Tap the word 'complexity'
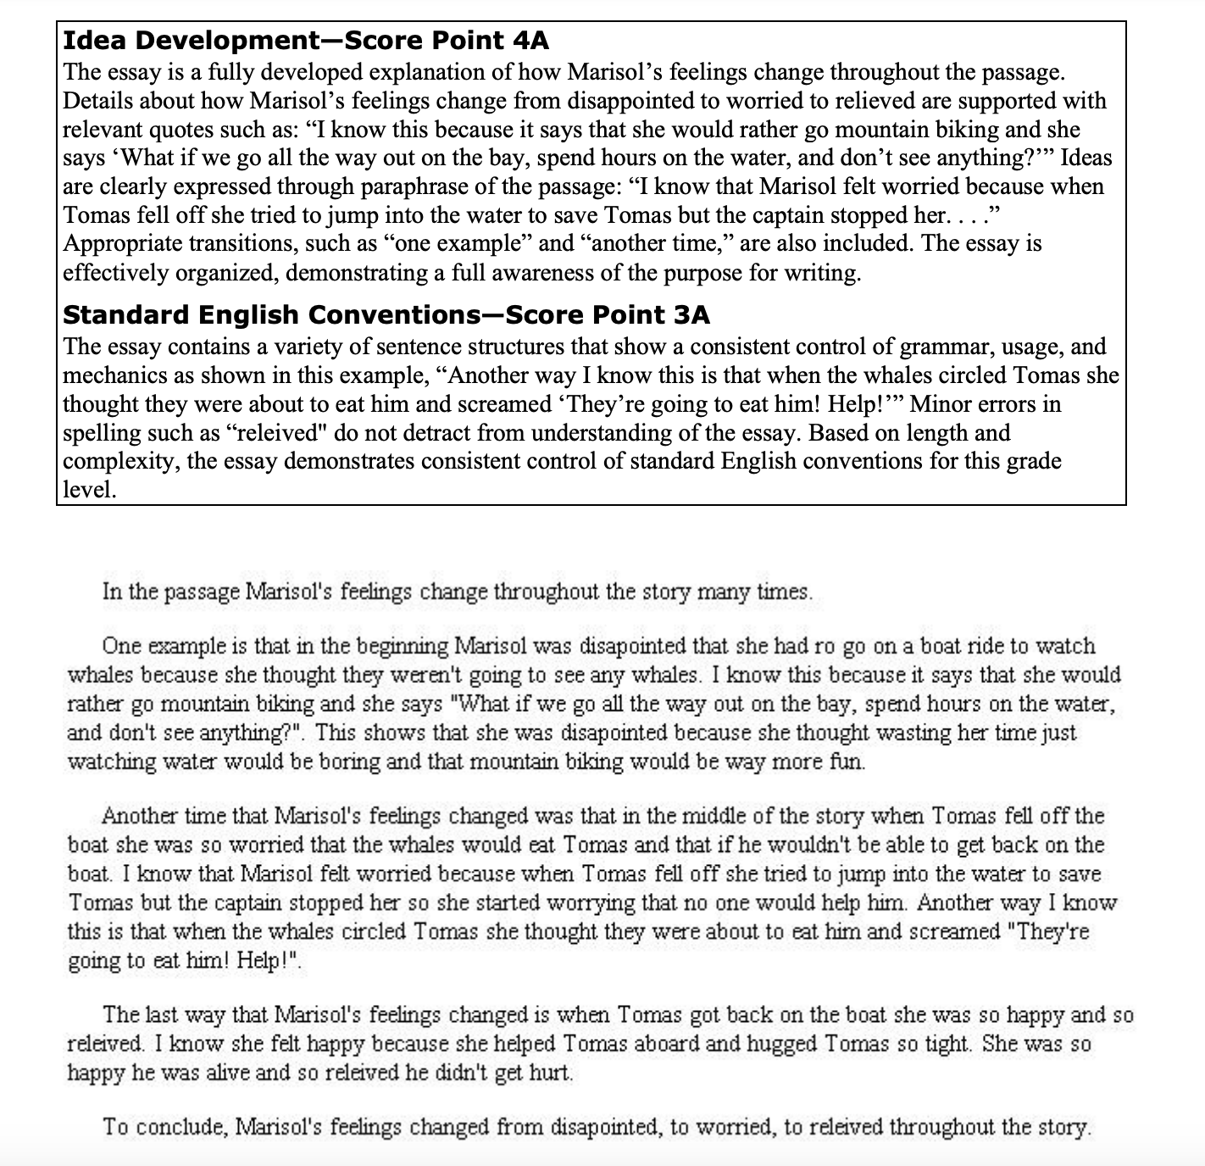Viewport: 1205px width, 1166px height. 119,461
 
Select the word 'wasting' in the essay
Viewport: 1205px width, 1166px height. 885,733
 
